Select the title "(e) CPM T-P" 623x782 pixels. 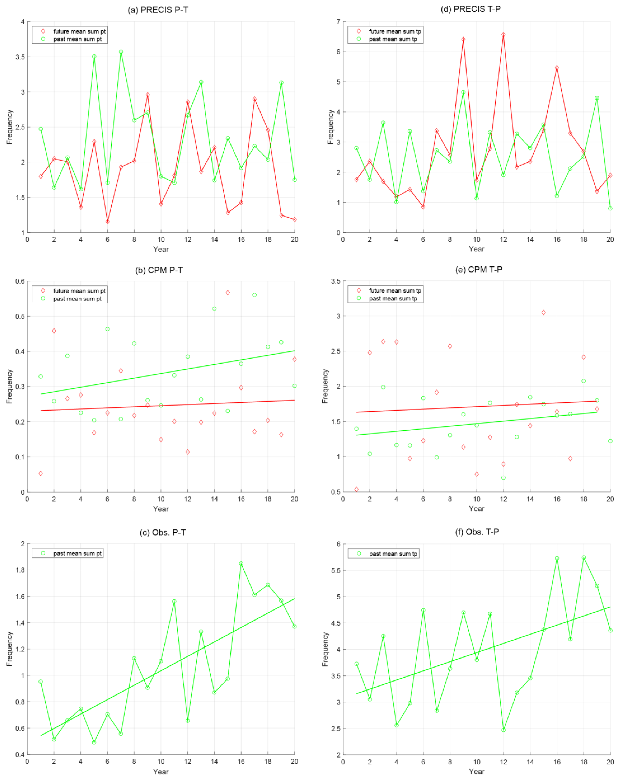click(x=479, y=269)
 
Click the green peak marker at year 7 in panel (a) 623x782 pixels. click(x=121, y=52)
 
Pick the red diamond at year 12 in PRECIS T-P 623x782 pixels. click(x=503, y=35)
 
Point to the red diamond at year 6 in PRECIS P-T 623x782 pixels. click(x=107, y=222)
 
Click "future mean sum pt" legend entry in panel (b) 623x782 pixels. click(x=79, y=291)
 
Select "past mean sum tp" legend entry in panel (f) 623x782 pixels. click(x=393, y=554)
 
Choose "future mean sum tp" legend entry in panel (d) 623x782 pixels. click(x=395, y=31)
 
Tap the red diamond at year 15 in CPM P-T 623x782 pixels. click(x=228, y=293)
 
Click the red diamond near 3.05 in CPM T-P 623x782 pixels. click(x=544, y=312)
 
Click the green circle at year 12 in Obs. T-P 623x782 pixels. click(x=503, y=730)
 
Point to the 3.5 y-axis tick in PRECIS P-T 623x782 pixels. click(x=20, y=57)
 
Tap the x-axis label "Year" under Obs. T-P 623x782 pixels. click(x=476, y=772)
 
